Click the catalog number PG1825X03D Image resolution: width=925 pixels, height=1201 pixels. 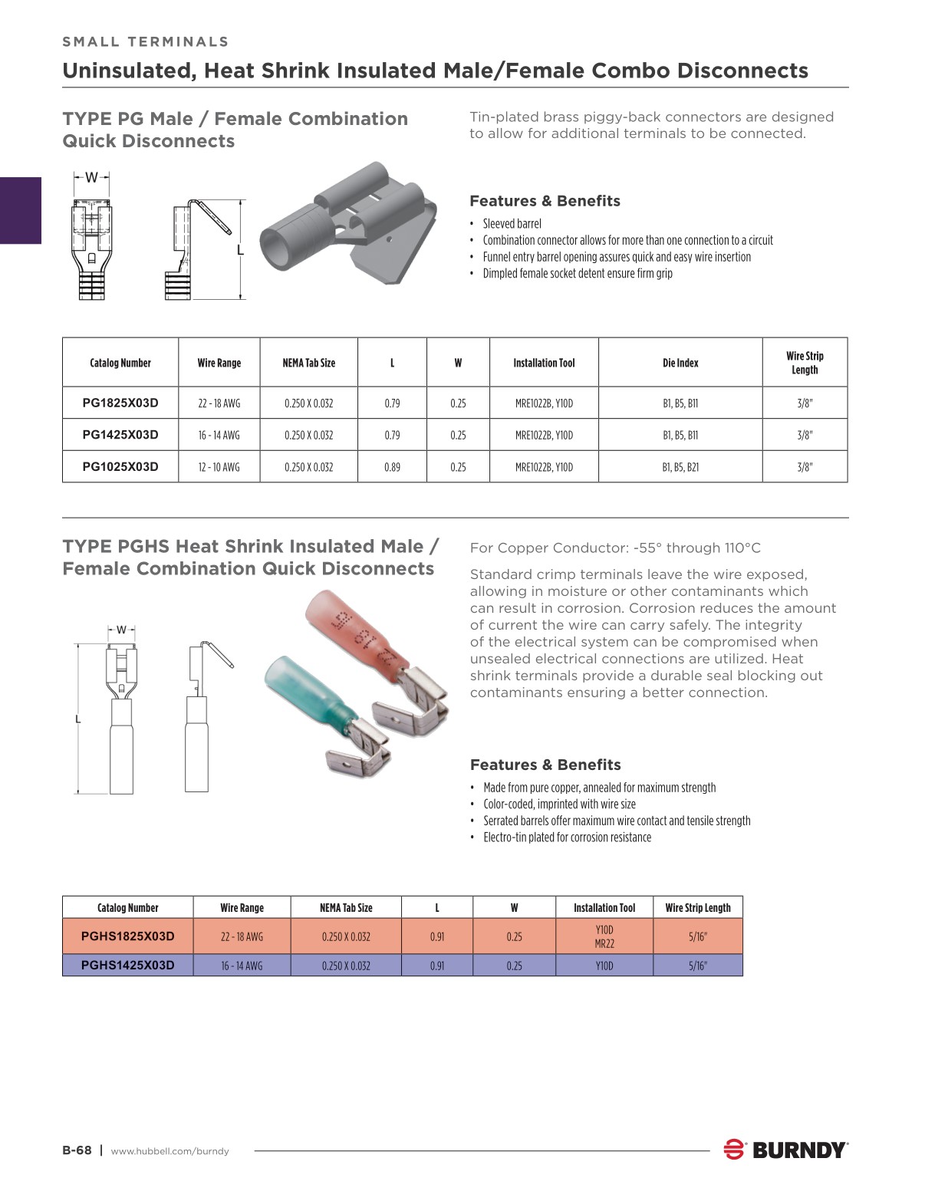coord(120,403)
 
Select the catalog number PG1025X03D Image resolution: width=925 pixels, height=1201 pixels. coord(120,466)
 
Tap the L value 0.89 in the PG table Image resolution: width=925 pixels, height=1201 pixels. coord(392,466)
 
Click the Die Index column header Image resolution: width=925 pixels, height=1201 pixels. coord(680,363)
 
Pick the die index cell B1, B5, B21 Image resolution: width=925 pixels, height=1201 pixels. coord(680,466)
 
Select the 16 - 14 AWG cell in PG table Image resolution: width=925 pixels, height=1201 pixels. coord(219,435)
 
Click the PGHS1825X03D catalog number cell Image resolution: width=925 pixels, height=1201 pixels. coord(127,936)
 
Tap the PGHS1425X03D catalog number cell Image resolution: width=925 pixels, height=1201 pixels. coord(127,965)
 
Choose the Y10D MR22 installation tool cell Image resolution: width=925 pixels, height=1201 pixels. coord(604,936)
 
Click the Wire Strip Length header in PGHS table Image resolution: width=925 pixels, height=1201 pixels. coord(698,907)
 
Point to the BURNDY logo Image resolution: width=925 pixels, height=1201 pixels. coord(786,1150)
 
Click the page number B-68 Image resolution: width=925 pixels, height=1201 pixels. coord(77,1150)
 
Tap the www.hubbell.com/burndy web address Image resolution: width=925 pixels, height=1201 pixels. coord(170,1151)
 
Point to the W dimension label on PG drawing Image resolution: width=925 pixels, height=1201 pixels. coord(91,178)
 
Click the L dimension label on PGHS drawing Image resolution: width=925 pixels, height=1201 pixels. coord(77,719)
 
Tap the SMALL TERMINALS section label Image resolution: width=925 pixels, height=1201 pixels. coord(146,41)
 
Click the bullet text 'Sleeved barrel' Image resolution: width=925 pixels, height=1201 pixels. coord(512,224)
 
